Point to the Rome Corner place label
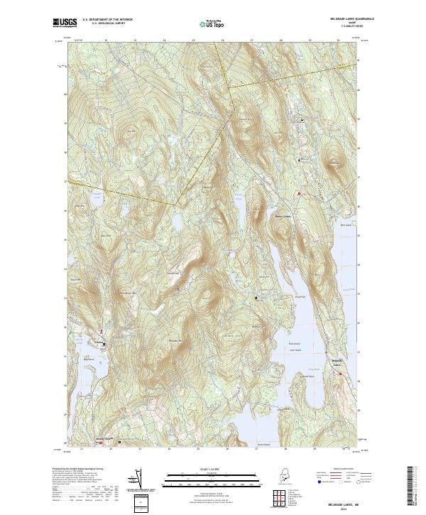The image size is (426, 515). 283,217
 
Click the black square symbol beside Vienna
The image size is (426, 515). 104,345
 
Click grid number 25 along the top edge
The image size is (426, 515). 193,40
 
